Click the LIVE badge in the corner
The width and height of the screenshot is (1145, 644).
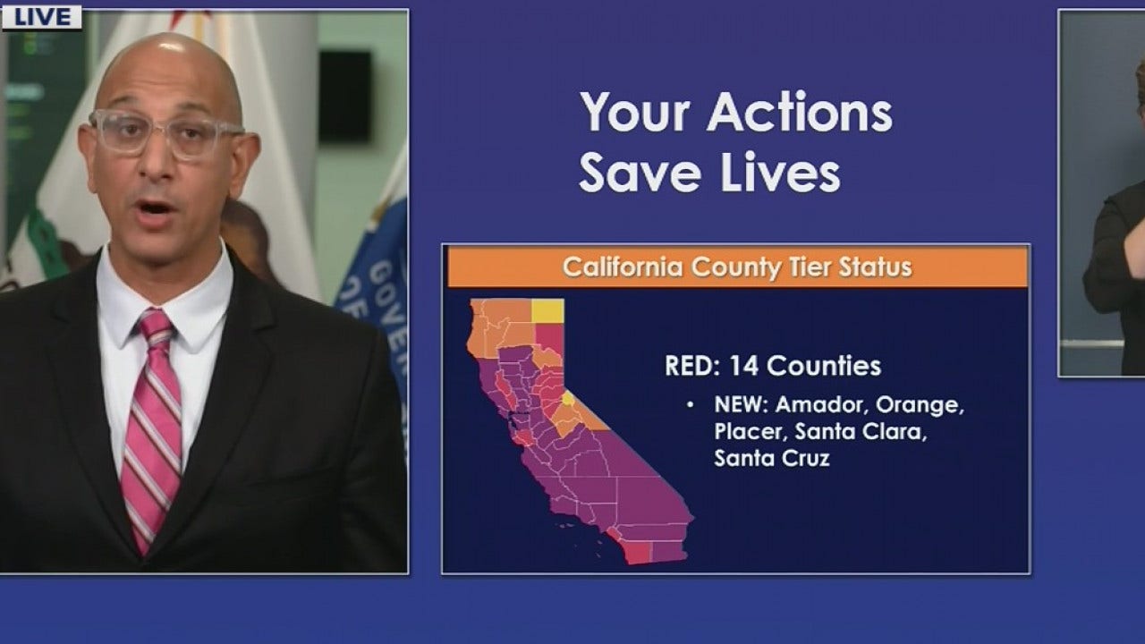click(41, 17)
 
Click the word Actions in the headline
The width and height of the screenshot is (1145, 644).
click(800, 114)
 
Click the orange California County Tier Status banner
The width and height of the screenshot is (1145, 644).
click(737, 267)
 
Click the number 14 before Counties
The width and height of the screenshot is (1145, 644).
click(744, 366)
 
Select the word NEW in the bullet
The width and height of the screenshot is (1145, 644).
click(739, 405)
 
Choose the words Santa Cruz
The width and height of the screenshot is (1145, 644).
click(771, 459)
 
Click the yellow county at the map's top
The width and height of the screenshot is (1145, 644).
click(547, 310)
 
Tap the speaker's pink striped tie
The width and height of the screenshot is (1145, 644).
click(153, 420)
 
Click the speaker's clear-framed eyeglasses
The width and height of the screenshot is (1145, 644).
click(165, 133)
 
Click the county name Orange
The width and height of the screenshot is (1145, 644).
click(926, 405)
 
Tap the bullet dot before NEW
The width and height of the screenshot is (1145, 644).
click(690, 406)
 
